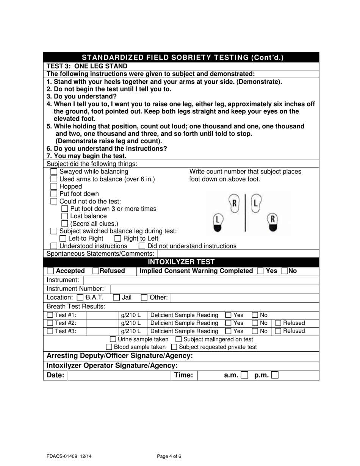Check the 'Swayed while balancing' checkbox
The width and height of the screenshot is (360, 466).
(x=54, y=172)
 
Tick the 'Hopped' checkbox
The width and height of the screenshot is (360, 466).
(x=54, y=186)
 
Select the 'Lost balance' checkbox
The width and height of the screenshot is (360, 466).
(x=65, y=216)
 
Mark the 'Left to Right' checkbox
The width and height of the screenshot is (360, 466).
(x=63, y=239)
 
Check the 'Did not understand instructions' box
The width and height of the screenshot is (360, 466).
(x=142, y=246)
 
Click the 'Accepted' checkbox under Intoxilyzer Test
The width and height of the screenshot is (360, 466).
(x=50, y=271)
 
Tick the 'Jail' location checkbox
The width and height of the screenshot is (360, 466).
(x=117, y=298)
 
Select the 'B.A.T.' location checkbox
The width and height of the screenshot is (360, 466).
(x=80, y=298)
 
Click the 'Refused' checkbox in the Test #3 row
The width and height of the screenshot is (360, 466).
(x=278, y=331)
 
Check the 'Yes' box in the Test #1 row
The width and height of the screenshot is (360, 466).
(x=228, y=315)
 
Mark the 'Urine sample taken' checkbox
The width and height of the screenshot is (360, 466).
(x=113, y=339)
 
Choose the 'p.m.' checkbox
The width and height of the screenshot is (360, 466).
(x=275, y=375)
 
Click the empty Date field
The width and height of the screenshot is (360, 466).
(x=119, y=375)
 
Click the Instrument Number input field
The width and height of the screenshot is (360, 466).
(x=214, y=289)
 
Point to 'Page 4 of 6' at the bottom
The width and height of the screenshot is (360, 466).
(x=169, y=457)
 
